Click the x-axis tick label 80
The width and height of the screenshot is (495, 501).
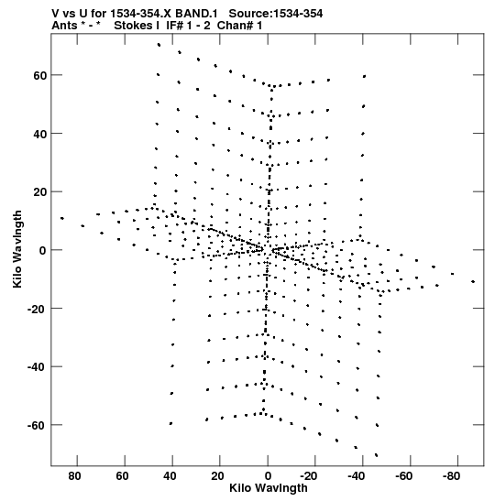(74, 476)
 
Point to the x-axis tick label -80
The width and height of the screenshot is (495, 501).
(452, 476)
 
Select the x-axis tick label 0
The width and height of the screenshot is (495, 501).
(268, 476)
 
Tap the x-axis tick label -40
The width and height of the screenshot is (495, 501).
(357, 476)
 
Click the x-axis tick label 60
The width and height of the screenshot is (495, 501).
(122, 476)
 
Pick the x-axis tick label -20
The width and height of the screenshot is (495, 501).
(309, 476)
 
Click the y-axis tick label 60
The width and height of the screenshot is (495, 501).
(40, 76)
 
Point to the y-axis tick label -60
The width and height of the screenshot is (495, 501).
(37, 425)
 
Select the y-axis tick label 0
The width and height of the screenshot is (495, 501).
(43, 251)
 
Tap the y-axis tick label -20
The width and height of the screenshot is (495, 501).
(37, 309)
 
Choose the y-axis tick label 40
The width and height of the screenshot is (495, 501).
(40, 135)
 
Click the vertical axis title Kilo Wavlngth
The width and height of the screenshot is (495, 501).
(17, 249)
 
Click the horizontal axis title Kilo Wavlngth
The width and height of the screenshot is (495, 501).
(269, 488)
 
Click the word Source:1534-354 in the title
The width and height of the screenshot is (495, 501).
(276, 14)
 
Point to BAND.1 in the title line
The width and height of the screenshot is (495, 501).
(196, 14)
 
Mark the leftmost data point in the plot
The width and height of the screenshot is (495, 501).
(62, 218)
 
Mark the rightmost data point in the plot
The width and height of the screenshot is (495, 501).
(473, 281)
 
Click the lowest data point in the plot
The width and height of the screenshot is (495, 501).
(376, 455)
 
